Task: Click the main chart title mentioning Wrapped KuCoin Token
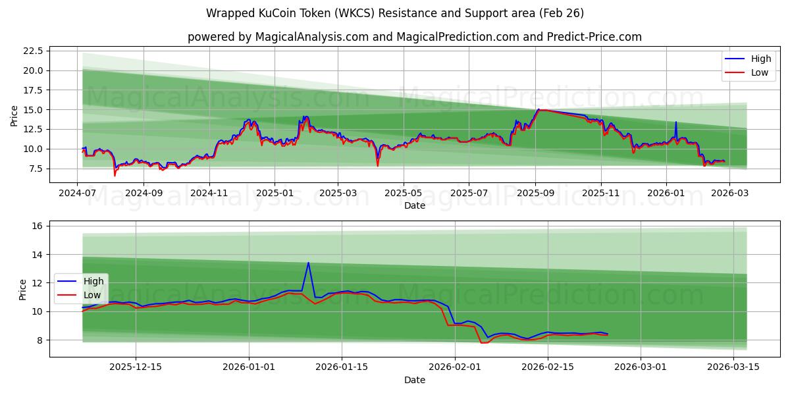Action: pyautogui.click(x=395, y=13)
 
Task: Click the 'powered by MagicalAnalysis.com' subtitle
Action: pyautogui.click(x=415, y=37)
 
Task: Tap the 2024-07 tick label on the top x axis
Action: pyautogui.click(x=78, y=194)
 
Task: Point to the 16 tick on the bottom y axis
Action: pyautogui.click(x=37, y=226)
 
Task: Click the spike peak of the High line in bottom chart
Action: pyautogui.click(x=308, y=263)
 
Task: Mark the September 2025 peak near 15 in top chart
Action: pyautogui.click(x=539, y=109)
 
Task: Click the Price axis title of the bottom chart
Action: pyautogui.click(x=23, y=289)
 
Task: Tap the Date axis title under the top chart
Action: pyautogui.click(x=415, y=205)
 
